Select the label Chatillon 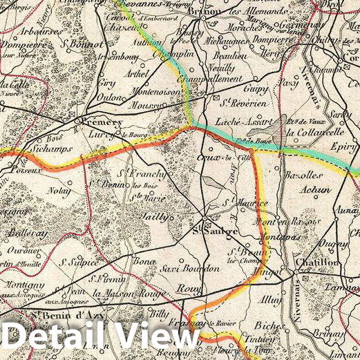point(317,263)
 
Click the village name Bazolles point(303,176)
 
